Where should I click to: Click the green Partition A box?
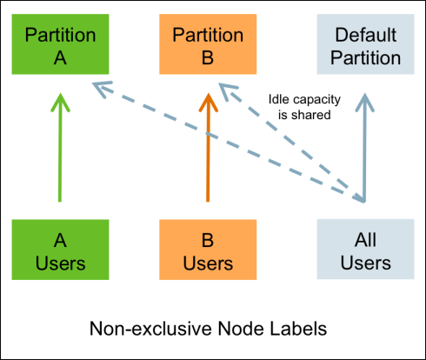(x=60, y=44)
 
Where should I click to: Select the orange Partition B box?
(x=208, y=44)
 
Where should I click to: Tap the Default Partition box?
(x=365, y=44)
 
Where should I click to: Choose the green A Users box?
(x=60, y=250)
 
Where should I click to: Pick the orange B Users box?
(x=208, y=250)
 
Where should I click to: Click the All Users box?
(x=365, y=250)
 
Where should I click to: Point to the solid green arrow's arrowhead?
(x=60, y=102)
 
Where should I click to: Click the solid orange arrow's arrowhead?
(x=208, y=102)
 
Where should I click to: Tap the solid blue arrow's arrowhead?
(x=365, y=102)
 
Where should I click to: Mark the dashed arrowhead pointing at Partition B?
(x=227, y=90)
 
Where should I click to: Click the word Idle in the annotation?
(x=278, y=99)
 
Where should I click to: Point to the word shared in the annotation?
(x=311, y=115)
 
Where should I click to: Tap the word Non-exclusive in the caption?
(x=151, y=329)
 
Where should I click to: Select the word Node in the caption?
(x=241, y=329)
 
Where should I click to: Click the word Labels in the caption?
(x=298, y=329)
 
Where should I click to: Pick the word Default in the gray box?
(x=365, y=35)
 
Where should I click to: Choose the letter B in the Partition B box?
(x=208, y=57)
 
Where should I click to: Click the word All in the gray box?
(x=365, y=240)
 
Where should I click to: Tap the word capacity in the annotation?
(x=316, y=100)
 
